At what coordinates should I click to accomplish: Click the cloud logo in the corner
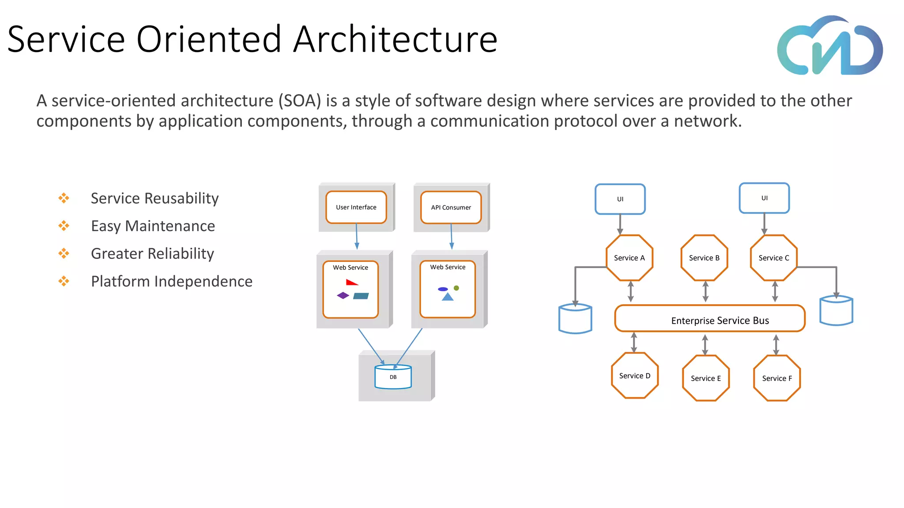pos(830,46)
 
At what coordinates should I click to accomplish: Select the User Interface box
pos(356,207)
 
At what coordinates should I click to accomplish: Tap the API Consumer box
pos(451,207)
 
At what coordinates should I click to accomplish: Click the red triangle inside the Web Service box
pos(351,282)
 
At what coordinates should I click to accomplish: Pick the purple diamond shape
pos(343,295)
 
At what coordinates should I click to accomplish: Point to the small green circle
pos(456,288)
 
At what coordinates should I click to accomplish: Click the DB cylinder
pos(393,377)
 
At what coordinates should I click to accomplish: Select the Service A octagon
pos(629,258)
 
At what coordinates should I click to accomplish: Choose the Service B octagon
pos(704,258)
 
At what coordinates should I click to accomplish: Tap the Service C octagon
pos(774,258)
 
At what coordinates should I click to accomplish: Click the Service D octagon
pos(635,376)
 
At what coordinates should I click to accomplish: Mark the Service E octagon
pos(706,378)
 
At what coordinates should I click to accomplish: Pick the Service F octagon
pos(777,378)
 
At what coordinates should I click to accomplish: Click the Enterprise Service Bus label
pos(720,321)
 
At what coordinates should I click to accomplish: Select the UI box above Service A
pos(620,199)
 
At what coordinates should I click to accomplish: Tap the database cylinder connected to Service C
pos(836,311)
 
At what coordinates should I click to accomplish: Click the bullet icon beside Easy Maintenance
pos(64,226)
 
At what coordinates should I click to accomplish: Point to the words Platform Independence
pos(172,281)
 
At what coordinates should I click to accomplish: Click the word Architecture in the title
pos(395,40)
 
